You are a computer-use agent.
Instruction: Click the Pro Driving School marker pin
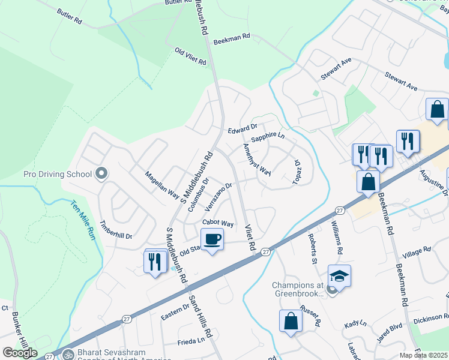(x=101, y=174)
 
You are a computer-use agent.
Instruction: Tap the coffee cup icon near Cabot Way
(x=212, y=240)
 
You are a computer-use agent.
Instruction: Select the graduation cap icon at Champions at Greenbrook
(x=339, y=277)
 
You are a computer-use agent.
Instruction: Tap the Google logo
(x=20, y=352)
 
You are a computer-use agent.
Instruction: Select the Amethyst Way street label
(x=257, y=160)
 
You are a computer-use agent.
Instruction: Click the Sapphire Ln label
(x=268, y=137)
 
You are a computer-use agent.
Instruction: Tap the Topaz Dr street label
(x=296, y=171)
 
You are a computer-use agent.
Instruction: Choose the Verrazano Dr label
(x=218, y=197)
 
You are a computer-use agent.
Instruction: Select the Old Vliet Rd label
(x=190, y=57)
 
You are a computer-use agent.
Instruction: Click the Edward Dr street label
(x=243, y=128)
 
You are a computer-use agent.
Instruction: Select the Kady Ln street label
(x=355, y=324)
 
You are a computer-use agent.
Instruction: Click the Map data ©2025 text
(x=424, y=355)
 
